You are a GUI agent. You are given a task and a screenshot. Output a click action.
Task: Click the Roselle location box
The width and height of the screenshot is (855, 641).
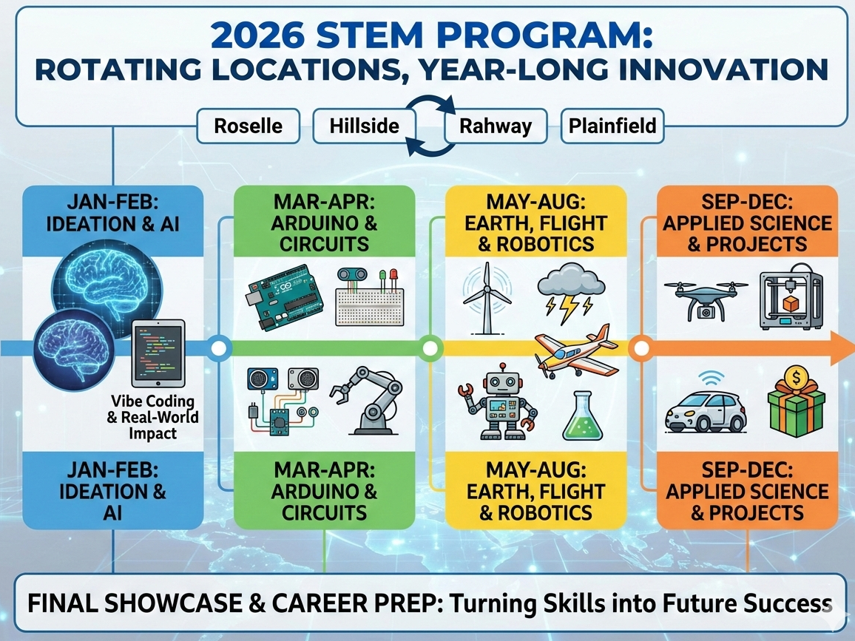coord(248,126)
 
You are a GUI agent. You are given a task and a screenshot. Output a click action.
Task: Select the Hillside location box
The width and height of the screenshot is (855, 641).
coord(364,126)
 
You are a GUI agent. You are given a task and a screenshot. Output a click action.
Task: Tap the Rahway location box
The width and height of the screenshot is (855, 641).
coord(495,126)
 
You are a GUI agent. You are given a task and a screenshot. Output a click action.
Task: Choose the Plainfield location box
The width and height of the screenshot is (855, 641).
coord(612,126)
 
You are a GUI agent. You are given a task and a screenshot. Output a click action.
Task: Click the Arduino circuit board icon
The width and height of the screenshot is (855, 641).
coord(285,296)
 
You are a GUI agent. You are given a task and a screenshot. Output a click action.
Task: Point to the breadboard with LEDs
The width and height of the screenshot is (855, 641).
coord(370,297)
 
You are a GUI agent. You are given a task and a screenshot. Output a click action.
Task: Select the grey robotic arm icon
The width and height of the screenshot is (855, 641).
coord(366,399)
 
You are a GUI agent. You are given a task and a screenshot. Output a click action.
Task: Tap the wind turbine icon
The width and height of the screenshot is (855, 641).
coord(487,298)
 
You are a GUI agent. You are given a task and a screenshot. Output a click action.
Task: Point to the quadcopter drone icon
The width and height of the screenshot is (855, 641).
coord(706,299)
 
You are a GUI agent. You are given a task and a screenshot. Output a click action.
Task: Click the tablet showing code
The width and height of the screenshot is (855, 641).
coord(158,353)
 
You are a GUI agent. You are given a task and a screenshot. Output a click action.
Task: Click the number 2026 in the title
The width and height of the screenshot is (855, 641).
coord(257,35)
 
